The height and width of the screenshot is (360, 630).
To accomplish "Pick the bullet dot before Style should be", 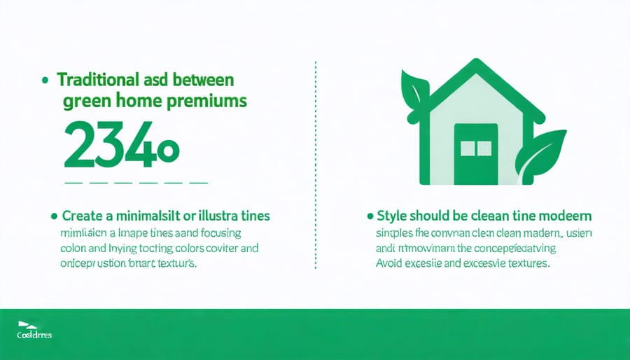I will click(x=369, y=214).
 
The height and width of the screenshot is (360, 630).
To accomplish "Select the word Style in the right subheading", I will click(x=394, y=214).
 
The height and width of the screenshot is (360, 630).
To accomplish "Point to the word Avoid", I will click(x=388, y=265).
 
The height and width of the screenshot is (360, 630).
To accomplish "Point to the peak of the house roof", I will click(x=473, y=65).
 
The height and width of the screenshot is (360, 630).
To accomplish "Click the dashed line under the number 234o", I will click(x=136, y=182).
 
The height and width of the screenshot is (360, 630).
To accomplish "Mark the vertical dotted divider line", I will click(x=316, y=165).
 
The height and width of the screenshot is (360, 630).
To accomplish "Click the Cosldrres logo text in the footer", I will click(x=35, y=335).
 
